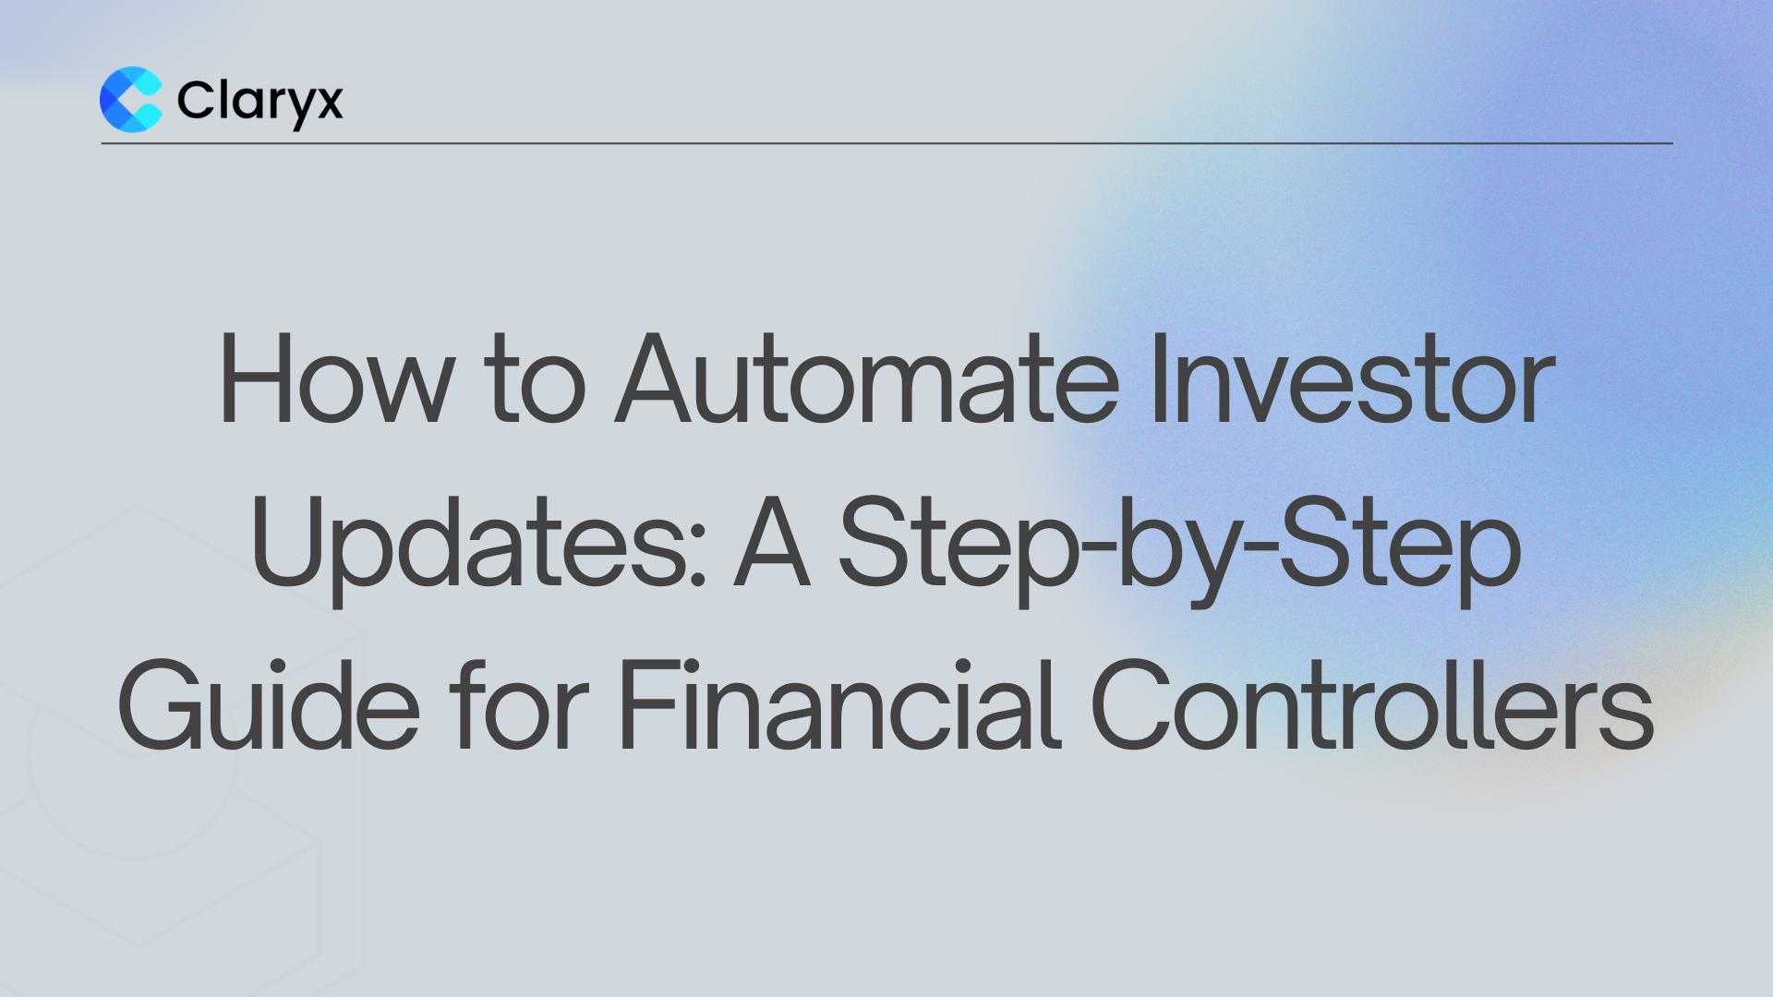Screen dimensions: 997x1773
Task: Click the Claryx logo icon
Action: point(131,100)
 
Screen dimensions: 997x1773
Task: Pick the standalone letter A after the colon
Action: point(772,543)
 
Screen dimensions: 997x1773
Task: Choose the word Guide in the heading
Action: point(269,705)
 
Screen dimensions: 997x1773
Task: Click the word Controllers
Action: point(1372,705)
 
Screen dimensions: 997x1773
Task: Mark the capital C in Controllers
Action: point(1134,705)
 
